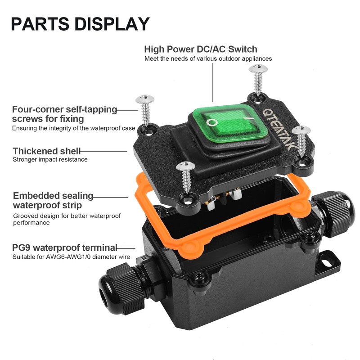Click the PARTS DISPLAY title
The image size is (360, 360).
(x=80, y=24)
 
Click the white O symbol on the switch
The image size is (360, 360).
(x=212, y=122)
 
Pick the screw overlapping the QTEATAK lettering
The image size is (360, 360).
(x=301, y=141)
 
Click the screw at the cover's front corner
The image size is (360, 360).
(x=186, y=177)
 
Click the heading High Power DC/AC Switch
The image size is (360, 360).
(x=201, y=49)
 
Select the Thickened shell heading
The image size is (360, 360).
(x=47, y=151)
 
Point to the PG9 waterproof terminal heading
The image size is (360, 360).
(x=65, y=248)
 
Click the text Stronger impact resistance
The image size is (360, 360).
(x=50, y=159)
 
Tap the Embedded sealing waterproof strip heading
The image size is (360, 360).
(x=53, y=200)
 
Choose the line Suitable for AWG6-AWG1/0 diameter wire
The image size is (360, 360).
(x=71, y=256)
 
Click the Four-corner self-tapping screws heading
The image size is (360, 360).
(x=64, y=114)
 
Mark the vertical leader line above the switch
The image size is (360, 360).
(x=213, y=83)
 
